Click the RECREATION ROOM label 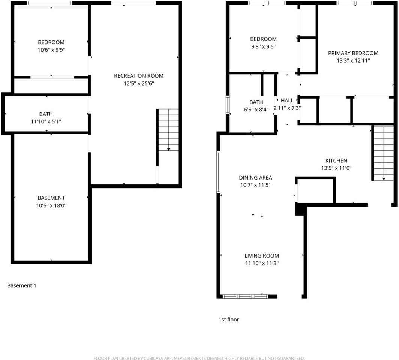point(139,76)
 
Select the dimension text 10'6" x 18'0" point(51,205)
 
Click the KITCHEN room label point(336,160)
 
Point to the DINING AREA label point(255,178)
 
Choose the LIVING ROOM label point(262,256)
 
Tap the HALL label point(287,100)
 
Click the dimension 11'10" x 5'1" point(46,121)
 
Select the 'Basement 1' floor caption point(22,285)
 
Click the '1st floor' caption point(229,319)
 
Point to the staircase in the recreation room point(168,130)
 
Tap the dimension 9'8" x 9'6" point(263,46)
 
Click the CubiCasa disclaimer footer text point(199,358)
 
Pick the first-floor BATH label point(256,102)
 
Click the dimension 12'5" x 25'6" point(139,83)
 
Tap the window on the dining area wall point(218,172)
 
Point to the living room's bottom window point(245,296)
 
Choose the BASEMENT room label point(51,198)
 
